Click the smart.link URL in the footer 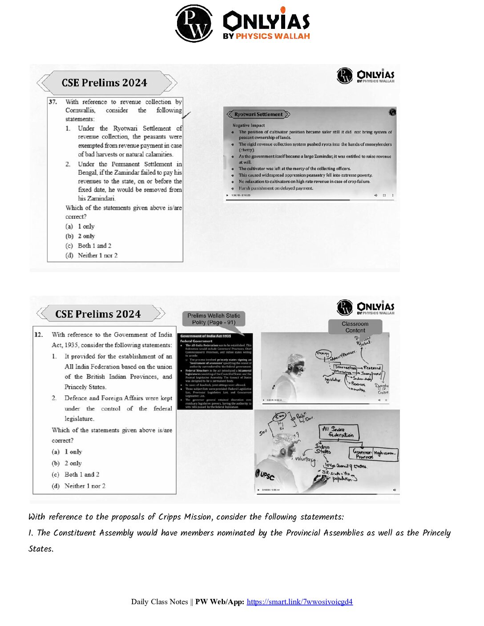(299, 602)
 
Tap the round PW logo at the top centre (194, 24)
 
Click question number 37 (53, 102)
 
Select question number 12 (39, 334)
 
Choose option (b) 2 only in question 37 (81, 236)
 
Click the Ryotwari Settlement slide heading (258, 114)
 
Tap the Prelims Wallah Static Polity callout (214, 319)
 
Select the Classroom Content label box (355, 327)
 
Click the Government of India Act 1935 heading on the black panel (206, 336)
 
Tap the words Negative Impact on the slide (248, 125)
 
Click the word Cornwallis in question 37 (80, 110)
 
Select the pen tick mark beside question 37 (186, 115)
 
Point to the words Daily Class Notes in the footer (159, 602)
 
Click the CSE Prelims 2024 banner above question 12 (98, 314)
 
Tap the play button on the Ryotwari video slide (228, 195)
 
